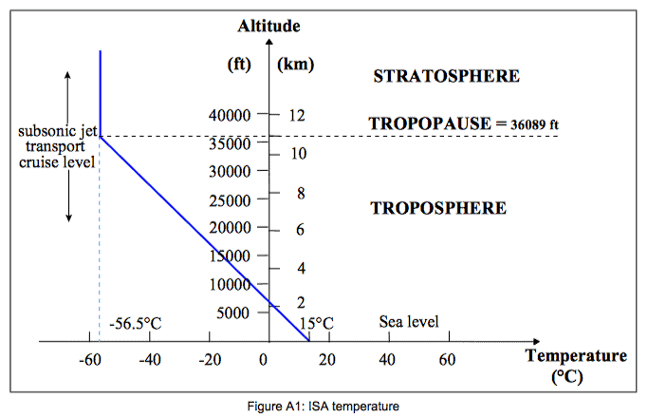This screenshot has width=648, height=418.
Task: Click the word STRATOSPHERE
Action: click(x=446, y=76)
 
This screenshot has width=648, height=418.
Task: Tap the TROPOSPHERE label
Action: click(x=438, y=208)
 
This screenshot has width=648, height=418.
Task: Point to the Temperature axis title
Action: click(x=576, y=357)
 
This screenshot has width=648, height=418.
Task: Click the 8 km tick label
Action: click(x=301, y=193)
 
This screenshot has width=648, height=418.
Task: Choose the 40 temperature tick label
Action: click(x=386, y=360)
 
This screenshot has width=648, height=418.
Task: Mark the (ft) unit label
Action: click(x=239, y=66)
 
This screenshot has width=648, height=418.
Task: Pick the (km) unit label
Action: click(x=295, y=66)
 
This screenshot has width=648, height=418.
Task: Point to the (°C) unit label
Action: click(x=576, y=376)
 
